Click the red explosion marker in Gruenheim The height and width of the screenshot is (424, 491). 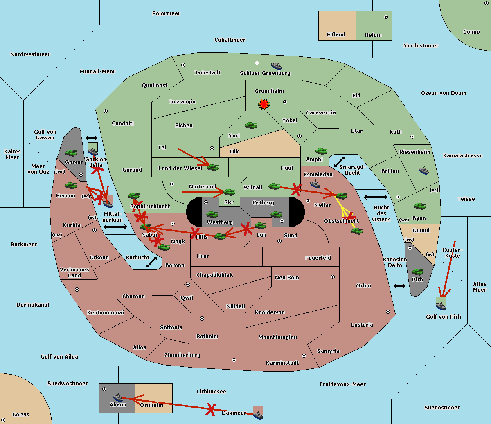coord(264,104)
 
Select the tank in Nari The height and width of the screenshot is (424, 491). coord(251,125)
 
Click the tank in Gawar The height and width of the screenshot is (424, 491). coord(71,153)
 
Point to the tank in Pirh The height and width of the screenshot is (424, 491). coord(418,271)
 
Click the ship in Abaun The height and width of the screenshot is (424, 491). coord(118,397)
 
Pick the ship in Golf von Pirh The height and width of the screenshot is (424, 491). coord(441,305)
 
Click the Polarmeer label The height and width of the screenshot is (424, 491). coord(166,13)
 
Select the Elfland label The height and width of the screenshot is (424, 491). coord(336,35)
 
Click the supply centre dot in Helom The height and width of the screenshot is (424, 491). coord(386,17)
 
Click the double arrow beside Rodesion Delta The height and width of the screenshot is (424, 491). coord(399,286)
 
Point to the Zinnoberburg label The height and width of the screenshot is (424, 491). coord(182,355)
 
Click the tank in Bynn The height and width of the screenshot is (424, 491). coord(420,206)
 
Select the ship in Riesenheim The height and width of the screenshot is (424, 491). coord(423,170)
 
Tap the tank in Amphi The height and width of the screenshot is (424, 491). coord(321,151)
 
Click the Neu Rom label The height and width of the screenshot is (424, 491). coord(287,278)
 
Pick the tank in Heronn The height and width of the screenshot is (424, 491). coord(71,185)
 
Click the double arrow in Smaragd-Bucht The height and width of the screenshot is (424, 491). coord(339,162)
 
